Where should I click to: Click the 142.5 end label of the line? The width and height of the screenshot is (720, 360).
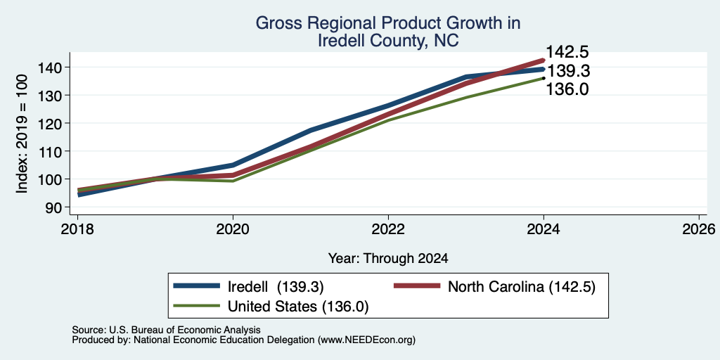(x=567, y=52)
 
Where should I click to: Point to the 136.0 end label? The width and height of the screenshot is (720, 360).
(x=567, y=89)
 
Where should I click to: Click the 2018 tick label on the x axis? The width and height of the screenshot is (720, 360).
(x=77, y=229)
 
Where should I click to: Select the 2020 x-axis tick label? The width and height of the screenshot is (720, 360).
(x=233, y=229)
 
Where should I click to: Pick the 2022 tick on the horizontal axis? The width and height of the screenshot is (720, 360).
(x=388, y=229)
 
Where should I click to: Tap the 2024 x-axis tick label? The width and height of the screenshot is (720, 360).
(x=544, y=229)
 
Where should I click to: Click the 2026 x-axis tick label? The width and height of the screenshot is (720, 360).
(x=700, y=229)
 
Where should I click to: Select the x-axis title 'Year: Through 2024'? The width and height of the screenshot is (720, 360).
(x=388, y=259)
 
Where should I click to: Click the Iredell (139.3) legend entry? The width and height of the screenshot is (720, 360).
(x=249, y=287)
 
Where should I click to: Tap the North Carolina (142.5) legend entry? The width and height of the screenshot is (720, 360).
(x=494, y=287)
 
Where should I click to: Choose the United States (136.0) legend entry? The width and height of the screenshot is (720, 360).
(x=271, y=306)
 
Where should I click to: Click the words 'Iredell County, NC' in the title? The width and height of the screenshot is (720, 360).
(x=388, y=40)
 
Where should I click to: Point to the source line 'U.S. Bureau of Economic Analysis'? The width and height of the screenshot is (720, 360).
(x=185, y=330)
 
